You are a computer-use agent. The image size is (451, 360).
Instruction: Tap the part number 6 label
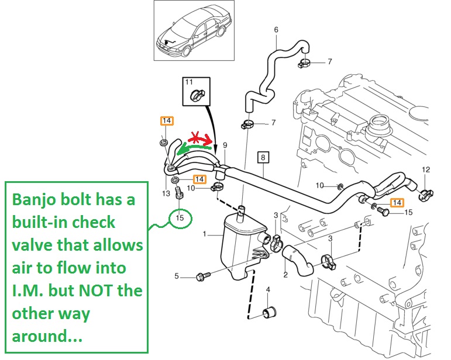(276, 30)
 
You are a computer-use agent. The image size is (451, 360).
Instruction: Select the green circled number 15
(180, 218)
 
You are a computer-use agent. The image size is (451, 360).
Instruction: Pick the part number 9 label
(224, 144)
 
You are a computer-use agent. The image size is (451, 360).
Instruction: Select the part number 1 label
(205, 234)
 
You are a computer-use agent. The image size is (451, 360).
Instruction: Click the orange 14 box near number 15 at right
(397, 202)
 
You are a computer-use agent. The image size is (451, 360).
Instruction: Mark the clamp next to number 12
(425, 190)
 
